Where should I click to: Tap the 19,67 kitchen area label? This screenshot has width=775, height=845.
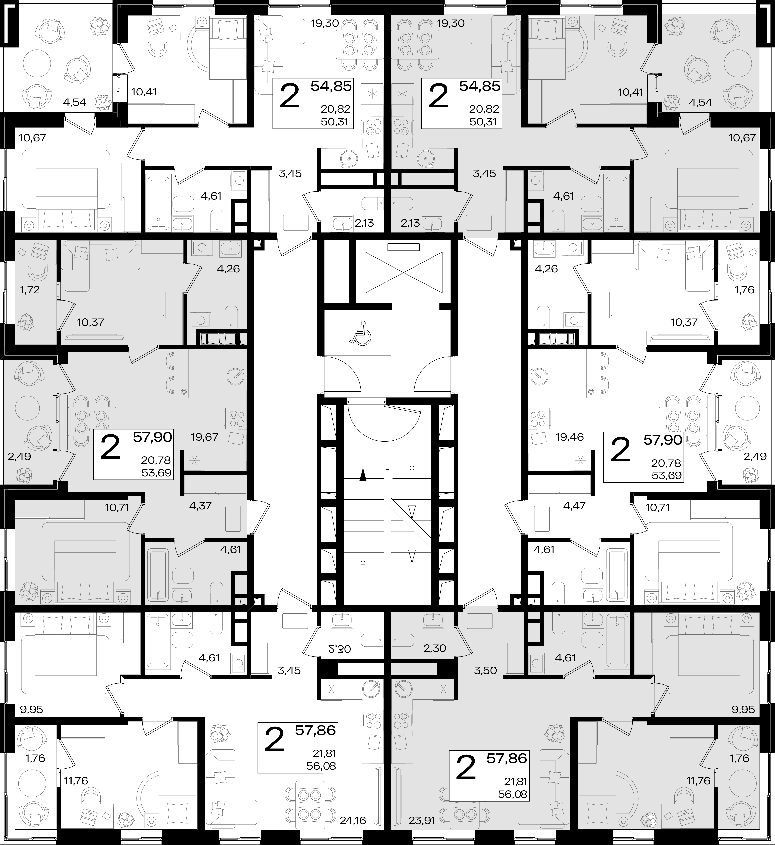[204, 437]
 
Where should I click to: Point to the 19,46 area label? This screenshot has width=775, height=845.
[569, 437]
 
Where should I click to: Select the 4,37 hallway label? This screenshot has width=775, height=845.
[200, 506]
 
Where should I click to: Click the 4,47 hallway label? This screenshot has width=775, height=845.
[574, 506]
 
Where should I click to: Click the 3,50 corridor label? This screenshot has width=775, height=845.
[485, 671]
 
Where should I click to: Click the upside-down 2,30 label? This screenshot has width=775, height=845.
[339, 649]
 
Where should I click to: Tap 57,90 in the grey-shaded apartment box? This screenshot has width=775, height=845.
[153, 437]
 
